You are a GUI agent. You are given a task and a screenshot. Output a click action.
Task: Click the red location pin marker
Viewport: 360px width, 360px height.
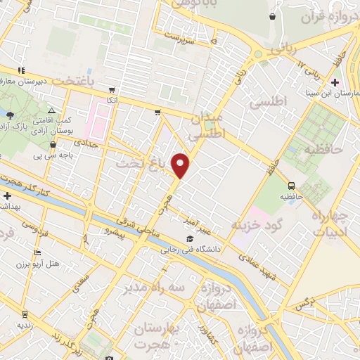pyautogui.click(x=181, y=165)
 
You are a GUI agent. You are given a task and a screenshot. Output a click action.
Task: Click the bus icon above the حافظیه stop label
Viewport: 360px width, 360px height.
pyautogui.click(x=291, y=185)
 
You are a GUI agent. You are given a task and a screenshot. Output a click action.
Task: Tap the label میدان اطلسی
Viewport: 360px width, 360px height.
pyautogui.click(x=207, y=124)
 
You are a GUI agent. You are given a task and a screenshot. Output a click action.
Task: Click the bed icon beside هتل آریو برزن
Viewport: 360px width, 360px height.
pyautogui.click(x=37, y=253)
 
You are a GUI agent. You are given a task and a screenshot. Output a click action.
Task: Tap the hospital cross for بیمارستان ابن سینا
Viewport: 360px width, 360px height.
pyautogui.click(x=335, y=83)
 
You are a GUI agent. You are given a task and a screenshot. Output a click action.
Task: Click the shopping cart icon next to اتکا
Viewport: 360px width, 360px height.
pyautogui.click(x=111, y=89)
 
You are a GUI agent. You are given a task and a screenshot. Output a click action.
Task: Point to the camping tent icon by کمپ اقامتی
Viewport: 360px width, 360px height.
pyautogui.click(x=51, y=110)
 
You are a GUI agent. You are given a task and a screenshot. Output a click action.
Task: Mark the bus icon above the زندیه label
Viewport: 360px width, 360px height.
pyautogui.click(x=25, y=314)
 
